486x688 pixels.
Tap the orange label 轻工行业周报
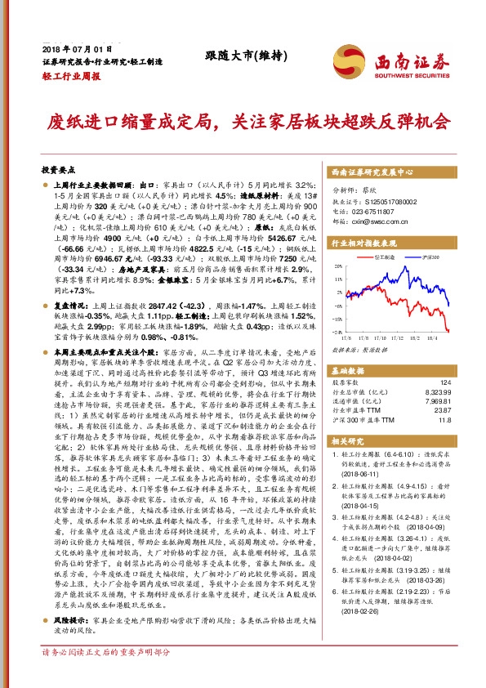click(70, 75)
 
